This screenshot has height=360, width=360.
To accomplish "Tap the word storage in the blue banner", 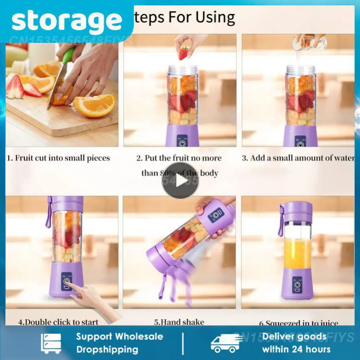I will (67, 21).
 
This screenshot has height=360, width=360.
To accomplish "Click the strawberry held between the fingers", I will (184, 54).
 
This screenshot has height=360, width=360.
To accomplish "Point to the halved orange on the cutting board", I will (95, 105).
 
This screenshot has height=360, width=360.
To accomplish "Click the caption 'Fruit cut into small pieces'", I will (59, 158).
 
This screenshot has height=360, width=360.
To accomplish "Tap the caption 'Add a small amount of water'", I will (298, 158).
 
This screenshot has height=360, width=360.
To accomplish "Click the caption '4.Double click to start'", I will (58, 321).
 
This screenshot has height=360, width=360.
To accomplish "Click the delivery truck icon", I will (227, 343).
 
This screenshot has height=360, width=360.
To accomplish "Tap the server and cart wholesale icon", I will (51, 343).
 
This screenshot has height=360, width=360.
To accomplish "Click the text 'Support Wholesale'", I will (120, 337).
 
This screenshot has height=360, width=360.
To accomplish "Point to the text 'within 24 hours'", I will (296, 349).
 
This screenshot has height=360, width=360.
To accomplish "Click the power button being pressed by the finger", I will (67, 282).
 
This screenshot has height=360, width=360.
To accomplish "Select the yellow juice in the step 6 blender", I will (297, 253).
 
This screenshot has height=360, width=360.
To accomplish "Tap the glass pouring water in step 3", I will (309, 42).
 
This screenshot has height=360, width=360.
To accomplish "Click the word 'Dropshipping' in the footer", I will (107, 349).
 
